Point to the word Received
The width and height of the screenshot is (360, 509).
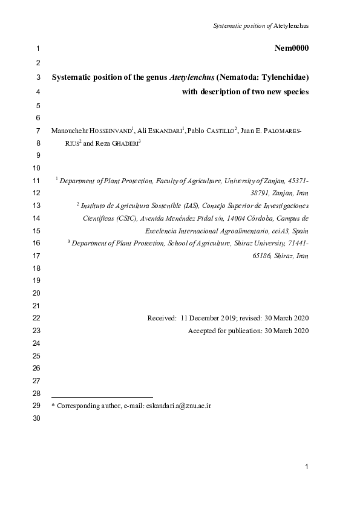pyautogui.click(x=161, y=318)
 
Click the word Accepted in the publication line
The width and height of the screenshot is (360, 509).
pyautogui.click(x=201, y=331)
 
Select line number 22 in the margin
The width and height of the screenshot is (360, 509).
pyautogui.click(x=35, y=318)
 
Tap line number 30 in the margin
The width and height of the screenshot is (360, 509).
pyautogui.click(x=35, y=418)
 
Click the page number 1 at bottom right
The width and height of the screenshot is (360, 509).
pyautogui.click(x=307, y=466)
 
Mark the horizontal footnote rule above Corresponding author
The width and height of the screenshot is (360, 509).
pyautogui.click(x=102, y=397)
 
